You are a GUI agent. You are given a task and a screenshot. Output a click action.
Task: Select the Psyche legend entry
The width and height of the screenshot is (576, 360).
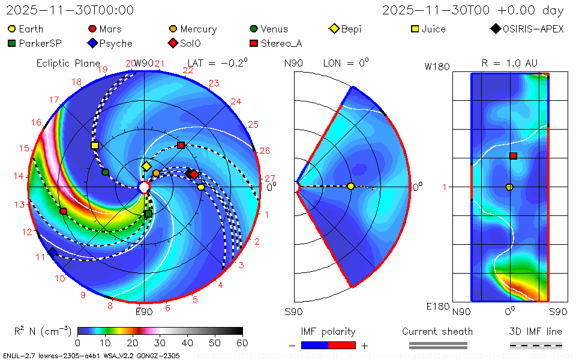pyautogui.click(x=110, y=43)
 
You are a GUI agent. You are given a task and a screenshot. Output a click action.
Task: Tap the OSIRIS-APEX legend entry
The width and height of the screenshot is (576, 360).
pyautogui.click(x=527, y=29)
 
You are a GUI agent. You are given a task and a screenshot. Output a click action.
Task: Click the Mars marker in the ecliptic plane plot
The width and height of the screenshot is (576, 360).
pyautogui.click(x=64, y=211)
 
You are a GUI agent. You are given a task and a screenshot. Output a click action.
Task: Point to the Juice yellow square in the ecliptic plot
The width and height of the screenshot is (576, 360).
pyautogui.click(x=95, y=145)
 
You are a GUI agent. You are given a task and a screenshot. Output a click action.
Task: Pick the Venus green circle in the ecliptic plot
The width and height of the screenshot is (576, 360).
pyautogui.click(x=106, y=172)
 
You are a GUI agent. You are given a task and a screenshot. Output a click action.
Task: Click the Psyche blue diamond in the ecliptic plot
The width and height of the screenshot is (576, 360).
pyautogui.click(x=52, y=253)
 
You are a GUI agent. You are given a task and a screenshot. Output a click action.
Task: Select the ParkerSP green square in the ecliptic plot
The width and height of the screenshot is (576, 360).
pyautogui.click(x=148, y=214)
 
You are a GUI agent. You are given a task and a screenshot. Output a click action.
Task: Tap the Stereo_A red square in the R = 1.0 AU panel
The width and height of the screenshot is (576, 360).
pyautogui.click(x=513, y=156)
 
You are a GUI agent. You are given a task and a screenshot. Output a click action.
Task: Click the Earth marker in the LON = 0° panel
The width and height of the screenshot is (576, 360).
pyautogui.click(x=350, y=187)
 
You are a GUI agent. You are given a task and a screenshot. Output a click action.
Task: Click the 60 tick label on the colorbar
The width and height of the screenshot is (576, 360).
pyautogui.click(x=242, y=343)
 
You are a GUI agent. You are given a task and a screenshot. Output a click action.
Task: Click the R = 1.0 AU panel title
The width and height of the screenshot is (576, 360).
pyautogui.click(x=509, y=63)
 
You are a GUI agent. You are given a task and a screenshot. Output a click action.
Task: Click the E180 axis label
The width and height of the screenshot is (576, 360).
pyautogui.click(x=437, y=307)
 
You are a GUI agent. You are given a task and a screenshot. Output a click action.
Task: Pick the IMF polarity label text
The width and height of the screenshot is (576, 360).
pyautogui.click(x=328, y=331)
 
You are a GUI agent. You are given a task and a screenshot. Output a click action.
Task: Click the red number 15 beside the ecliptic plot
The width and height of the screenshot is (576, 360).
pyautogui.click(x=24, y=148)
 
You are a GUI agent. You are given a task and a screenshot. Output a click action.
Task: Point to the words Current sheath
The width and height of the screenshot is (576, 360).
pyautogui.click(x=437, y=331)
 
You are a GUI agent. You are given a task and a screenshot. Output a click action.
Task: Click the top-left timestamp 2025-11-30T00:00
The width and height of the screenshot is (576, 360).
pyautogui.click(x=70, y=10)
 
